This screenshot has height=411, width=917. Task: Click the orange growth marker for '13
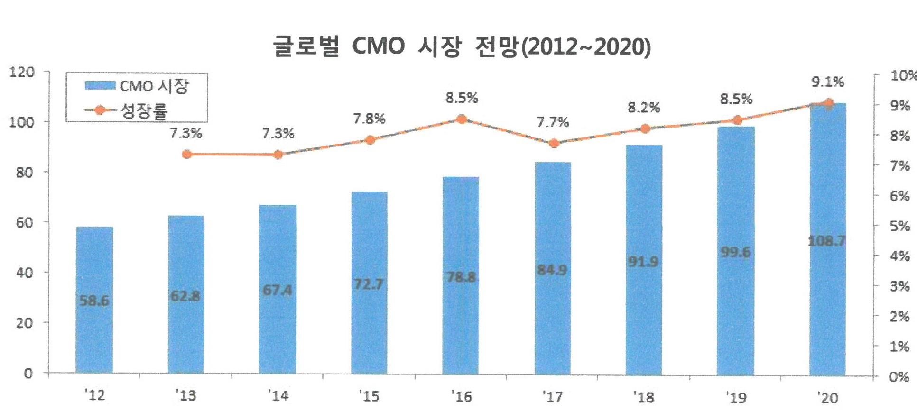186,155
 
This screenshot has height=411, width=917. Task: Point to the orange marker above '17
553,143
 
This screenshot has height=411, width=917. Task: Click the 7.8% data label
369,119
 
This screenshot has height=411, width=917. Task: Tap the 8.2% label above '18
644,108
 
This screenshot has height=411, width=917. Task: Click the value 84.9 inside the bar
552,270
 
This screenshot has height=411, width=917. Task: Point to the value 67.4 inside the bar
278,290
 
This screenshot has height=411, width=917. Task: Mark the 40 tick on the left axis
25,273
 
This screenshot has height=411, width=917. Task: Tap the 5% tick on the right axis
899,226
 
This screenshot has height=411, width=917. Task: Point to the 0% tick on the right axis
899,377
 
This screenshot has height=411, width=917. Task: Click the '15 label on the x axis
369,395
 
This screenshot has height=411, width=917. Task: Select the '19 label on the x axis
736,396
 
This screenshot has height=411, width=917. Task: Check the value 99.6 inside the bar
736,252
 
